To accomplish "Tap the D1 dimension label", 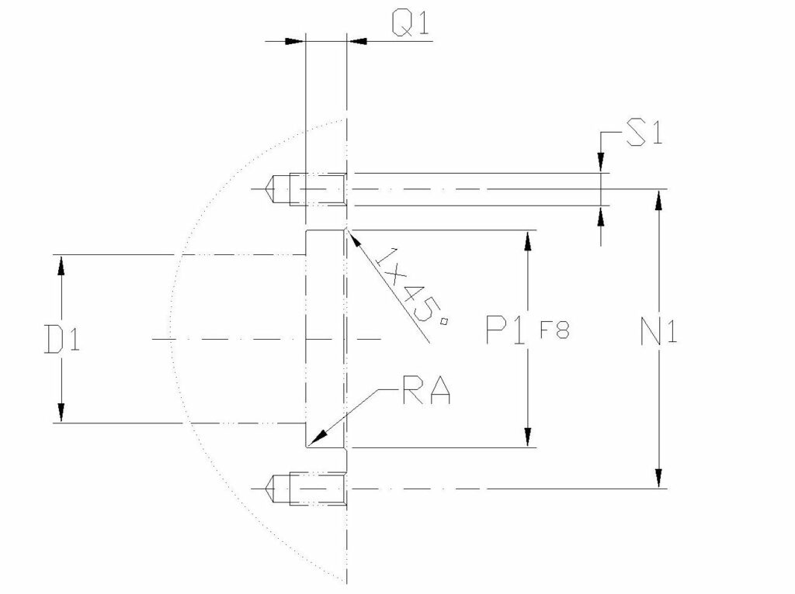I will (x=61, y=339).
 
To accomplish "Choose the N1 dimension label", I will (x=660, y=333).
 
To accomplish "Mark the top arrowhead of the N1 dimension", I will (x=659, y=199).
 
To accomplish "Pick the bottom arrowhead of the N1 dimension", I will (x=659, y=478).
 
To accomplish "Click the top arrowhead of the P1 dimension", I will (x=528, y=240).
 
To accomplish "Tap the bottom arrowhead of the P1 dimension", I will (x=528, y=437).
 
